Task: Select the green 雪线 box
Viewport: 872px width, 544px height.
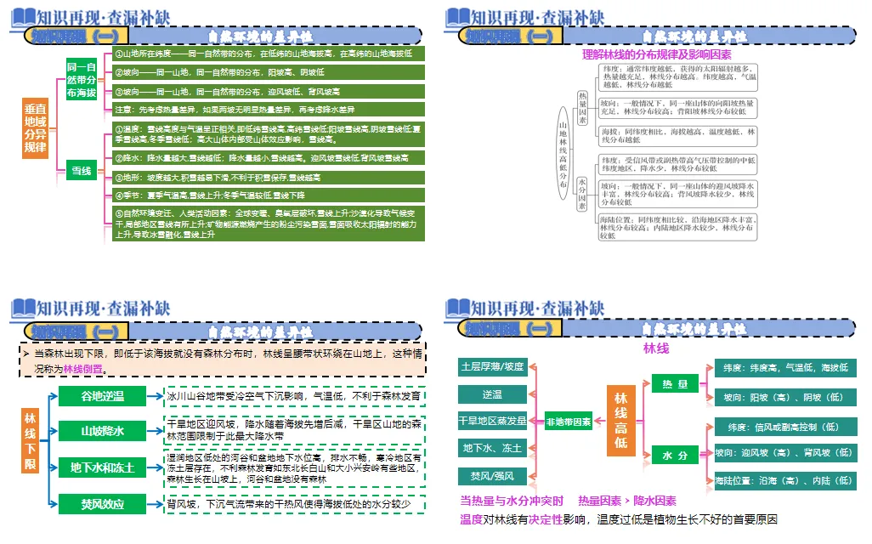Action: click(81, 171)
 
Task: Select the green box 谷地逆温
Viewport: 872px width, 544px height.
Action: click(103, 397)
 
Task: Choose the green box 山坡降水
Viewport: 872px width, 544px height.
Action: click(103, 431)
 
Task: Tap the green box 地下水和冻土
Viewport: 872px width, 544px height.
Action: click(103, 467)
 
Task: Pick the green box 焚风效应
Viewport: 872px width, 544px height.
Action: click(103, 504)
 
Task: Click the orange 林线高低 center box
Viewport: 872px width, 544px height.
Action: click(620, 421)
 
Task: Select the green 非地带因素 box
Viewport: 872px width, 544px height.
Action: click(568, 422)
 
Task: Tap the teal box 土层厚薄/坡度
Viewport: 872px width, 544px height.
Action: click(493, 367)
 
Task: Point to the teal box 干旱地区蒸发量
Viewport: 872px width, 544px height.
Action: click(493, 421)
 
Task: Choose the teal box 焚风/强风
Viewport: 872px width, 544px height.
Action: click(493, 476)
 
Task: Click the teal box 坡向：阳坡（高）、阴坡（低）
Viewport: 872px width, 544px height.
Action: click(784, 397)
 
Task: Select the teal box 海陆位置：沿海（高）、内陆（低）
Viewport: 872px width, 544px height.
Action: click(784, 480)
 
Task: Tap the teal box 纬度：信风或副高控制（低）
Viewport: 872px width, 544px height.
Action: click(784, 426)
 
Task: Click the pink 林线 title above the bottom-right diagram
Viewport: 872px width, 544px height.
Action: click(656, 348)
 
